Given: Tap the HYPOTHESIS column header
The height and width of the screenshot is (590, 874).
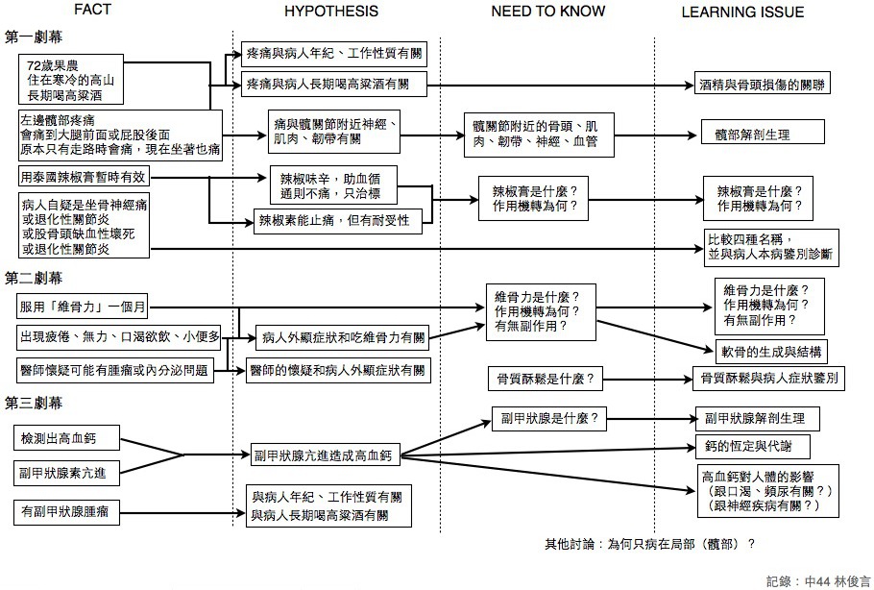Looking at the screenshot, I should tap(330, 12).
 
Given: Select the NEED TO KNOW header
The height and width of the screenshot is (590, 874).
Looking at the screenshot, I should tap(548, 12).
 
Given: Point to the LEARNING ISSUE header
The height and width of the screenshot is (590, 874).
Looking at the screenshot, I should tap(742, 12).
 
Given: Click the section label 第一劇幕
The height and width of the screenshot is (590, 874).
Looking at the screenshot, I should tap(35, 37).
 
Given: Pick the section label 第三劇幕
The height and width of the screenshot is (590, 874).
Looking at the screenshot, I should tap(35, 401).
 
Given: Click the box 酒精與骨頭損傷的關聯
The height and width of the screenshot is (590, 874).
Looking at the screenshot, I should tap(762, 85).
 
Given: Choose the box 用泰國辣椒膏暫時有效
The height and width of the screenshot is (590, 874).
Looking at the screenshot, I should tap(84, 178).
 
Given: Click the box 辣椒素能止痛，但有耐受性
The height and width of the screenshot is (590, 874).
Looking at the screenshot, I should tap(332, 221).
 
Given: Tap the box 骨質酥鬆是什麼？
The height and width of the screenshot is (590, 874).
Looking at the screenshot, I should tap(545, 379).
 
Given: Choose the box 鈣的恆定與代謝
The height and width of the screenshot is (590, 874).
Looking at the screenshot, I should tap(751, 446).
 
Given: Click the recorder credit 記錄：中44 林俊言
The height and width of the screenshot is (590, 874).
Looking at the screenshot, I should tap(818, 580).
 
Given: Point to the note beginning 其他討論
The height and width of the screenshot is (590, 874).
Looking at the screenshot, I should tap(648, 543).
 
